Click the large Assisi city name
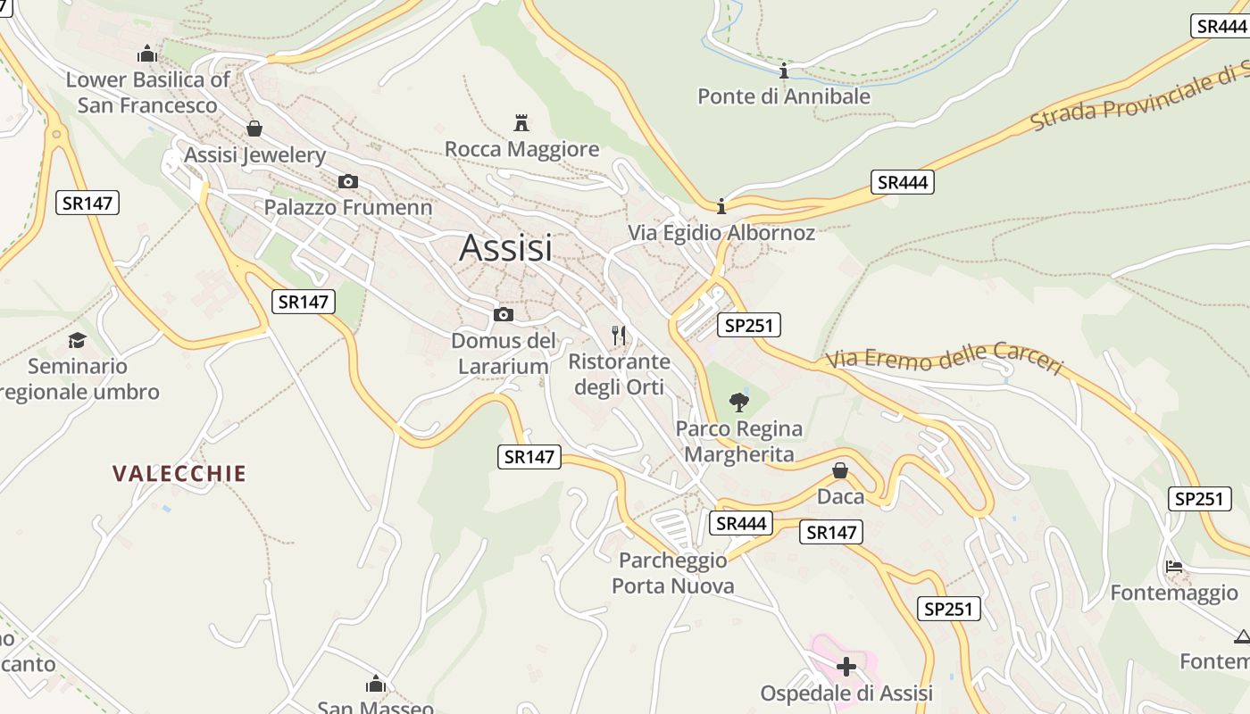505,248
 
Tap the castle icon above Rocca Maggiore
521,122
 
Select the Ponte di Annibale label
783,96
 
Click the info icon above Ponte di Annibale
784,71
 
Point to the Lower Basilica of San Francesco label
148,93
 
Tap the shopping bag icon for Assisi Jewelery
254,129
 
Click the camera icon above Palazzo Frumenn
348,181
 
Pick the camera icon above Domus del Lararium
504,314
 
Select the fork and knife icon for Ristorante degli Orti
619,336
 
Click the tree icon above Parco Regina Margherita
738,403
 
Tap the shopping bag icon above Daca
840,469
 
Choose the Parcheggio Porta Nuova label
673,573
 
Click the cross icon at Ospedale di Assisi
846,666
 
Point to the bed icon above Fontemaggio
1174,566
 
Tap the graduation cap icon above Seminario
78,340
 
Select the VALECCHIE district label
179,474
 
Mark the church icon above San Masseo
376,684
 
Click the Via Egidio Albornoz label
721,233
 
